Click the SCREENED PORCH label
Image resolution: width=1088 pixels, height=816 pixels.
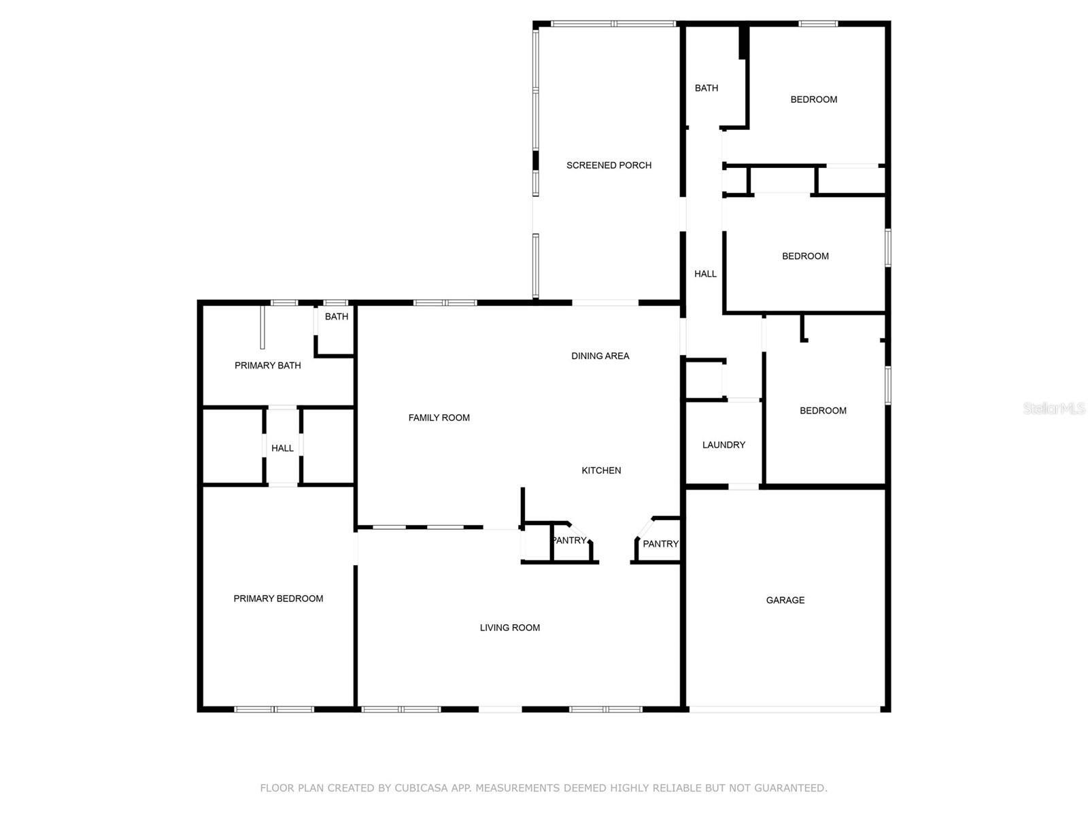coord(609,165)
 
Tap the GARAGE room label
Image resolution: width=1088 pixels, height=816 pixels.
coord(785,600)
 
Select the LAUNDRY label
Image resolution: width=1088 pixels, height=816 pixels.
coord(724,445)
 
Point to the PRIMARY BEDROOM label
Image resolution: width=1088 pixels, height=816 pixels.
coord(278,598)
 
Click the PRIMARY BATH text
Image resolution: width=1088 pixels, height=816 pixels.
coord(267,365)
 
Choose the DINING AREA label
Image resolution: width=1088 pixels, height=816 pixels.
coord(600,356)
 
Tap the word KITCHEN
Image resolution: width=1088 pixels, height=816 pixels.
coord(601,471)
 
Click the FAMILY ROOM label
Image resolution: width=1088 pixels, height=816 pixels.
coord(439,418)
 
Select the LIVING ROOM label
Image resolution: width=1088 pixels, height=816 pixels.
coord(509,628)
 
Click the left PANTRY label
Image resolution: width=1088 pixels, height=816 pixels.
coord(569,541)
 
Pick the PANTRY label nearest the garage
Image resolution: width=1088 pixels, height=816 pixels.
coord(660,544)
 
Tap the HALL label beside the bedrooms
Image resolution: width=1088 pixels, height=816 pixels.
coord(705,274)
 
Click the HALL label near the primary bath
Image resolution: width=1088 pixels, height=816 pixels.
coord(282,448)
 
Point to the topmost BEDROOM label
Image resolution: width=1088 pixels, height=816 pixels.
coord(813,99)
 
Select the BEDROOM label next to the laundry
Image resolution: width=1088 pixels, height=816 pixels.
coord(823,411)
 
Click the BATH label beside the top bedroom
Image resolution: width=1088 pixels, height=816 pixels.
coord(706,88)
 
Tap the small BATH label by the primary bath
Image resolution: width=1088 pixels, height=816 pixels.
coord(336,317)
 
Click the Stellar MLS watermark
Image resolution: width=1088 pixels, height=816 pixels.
coord(1053,409)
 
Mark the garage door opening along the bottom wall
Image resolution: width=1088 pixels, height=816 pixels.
coord(785,709)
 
